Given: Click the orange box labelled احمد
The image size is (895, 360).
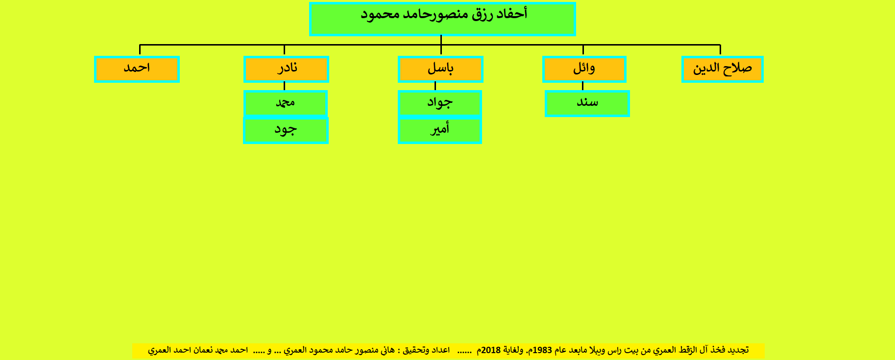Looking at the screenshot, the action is tap(137, 69).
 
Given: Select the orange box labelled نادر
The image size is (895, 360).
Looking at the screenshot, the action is tap(286, 69).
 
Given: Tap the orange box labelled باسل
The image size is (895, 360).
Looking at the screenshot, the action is tap(440, 69).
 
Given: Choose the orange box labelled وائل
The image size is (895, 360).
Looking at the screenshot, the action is tap(584, 69).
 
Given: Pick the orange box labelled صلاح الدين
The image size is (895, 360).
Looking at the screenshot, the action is tap(723, 69).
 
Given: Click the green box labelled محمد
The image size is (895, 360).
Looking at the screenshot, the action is tap(286, 103).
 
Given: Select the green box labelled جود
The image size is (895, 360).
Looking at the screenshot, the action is tap(286, 130).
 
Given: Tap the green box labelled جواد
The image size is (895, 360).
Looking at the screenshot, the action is tap(440, 103).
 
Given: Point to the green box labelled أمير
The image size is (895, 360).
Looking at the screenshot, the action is tap(440, 130).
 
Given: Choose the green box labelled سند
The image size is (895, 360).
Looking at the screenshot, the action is tap(587, 103).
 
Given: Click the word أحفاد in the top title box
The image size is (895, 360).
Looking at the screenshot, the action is tap(512, 14).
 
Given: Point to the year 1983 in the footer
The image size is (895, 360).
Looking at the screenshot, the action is tap(542, 350).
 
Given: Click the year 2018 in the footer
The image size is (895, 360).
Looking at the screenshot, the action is tap(491, 350).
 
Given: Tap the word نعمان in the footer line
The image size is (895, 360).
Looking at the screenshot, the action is tap(203, 350).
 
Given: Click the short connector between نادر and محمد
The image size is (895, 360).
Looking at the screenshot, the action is tap(284, 87).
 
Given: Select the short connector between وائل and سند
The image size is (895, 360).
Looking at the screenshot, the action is tap(582, 87).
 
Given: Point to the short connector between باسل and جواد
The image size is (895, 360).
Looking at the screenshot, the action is tap(435, 87).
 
